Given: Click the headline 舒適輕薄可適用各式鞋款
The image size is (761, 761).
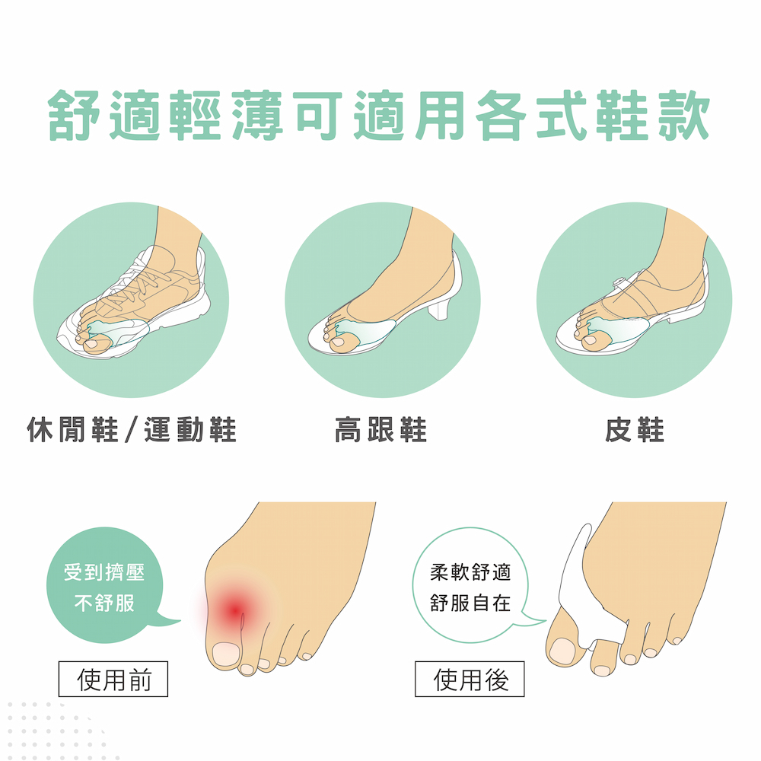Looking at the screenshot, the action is (379, 116).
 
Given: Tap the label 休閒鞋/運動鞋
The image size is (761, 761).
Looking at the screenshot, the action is (132, 430).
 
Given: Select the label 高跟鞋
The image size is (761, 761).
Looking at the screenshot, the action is (381, 430).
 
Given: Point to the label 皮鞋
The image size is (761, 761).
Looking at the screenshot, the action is (635, 430).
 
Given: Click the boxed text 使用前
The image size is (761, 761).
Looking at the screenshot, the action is (113, 679).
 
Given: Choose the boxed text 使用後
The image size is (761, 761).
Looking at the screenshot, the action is (470, 679).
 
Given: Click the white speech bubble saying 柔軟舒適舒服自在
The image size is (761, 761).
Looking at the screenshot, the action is (471, 585).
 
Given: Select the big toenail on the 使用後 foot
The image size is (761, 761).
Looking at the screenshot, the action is (562, 651).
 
